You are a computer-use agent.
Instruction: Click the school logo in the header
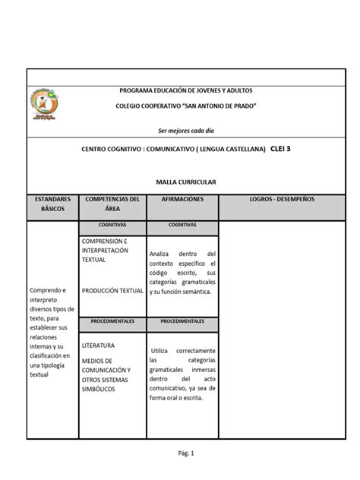tap(49, 105)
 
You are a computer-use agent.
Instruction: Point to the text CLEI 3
tap(280, 149)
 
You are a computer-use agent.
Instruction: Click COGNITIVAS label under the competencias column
tap(112, 226)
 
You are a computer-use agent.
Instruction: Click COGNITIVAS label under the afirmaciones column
tap(182, 226)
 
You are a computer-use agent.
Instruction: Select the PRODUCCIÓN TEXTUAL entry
tap(112, 290)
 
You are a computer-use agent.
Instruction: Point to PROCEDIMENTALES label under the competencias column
tap(112, 321)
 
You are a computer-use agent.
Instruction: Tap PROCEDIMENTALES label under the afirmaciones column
tap(182, 321)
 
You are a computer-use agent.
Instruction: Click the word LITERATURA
tap(99, 344)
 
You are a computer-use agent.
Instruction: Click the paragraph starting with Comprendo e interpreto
tap(50, 332)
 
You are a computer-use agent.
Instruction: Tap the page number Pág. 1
tap(179, 453)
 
